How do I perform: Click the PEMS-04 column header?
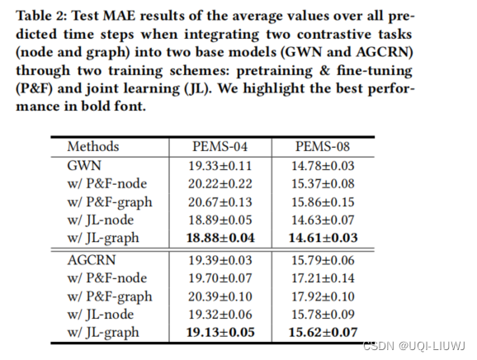pos(220,147)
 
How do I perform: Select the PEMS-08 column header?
pos(323,147)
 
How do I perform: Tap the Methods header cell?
pos(93,147)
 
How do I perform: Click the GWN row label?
pos(84,166)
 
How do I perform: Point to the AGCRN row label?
pos(92,260)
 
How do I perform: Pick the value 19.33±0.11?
pos(220,166)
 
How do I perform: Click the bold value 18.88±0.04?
pos(220,238)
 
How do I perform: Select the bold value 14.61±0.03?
pos(323,238)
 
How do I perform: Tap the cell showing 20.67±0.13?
pos(220,202)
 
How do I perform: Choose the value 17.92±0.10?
pos(323,296)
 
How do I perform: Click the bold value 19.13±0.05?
pos(220,332)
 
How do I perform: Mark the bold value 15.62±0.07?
pos(323,332)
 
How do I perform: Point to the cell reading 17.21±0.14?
pos(323,278)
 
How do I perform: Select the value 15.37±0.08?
pos(323,184)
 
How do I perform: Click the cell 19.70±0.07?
pos(220,278)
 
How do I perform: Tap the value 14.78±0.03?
pos(323,166)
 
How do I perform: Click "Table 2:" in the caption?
pos(40,16)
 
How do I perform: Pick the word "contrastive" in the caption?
pos(334,34)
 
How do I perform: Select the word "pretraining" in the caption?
pos(274,71)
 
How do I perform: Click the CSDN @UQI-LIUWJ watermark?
pos(414,346)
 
